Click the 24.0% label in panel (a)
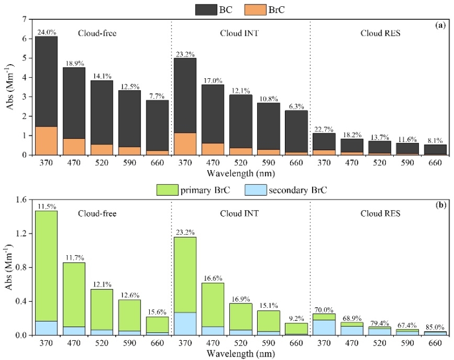[x=46, y=32]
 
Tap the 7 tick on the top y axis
[x=23, y=19]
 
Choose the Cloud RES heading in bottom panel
[x=380, y=213]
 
